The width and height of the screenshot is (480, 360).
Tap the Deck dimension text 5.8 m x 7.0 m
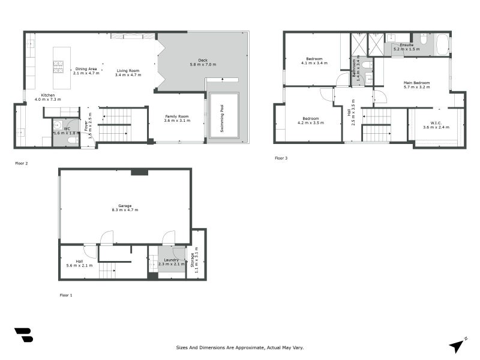(203, 64)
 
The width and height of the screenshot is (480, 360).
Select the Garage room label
(125, 206)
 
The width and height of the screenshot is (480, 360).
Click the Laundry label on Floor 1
(172, 260)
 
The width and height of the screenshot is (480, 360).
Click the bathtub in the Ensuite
(441, 45)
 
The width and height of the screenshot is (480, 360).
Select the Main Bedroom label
(416, 82)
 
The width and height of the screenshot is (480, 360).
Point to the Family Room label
(177, 116)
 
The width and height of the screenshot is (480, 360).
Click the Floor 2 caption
(22, 163)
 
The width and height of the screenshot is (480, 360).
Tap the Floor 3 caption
(281, 158)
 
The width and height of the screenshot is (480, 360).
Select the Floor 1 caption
(65, 295)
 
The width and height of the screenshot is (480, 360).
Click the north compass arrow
(458, 346)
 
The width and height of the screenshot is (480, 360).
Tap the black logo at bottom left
(23, 335)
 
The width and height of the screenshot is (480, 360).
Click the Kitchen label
(47, 95)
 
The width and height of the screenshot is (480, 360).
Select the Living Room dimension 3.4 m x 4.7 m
(128, 75)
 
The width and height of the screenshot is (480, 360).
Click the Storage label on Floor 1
(192, 259)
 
